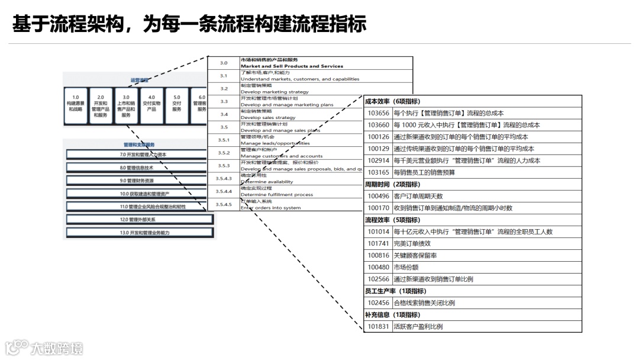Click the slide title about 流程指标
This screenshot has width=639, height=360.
[189, 24]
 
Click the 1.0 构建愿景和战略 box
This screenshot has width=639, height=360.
[75, 105]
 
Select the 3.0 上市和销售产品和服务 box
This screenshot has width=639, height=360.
[126, 106]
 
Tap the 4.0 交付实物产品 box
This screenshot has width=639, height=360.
[151, 105]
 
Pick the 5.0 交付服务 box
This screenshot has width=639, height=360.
[177, 105]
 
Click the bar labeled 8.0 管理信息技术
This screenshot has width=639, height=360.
[140, 168]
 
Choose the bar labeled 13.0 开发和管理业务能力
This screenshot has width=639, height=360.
[140, 233]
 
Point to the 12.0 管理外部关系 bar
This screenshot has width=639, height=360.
[140, 220]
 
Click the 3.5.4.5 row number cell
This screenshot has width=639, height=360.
[224, 204]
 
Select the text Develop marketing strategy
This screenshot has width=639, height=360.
[275, 92]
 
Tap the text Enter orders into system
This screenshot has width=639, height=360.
[270, 208]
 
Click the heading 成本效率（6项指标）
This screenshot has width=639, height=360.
[392, 101]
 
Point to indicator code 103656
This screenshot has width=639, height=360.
[379, 113]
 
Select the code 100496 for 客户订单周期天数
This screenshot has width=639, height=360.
[379, 196]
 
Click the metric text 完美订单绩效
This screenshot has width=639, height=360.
[412, 243]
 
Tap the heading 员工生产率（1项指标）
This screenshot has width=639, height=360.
[395, 291]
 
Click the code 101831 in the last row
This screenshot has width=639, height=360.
[379, 326]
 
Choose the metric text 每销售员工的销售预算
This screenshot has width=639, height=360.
[424, 172]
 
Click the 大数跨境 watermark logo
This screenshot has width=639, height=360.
[44, 348]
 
